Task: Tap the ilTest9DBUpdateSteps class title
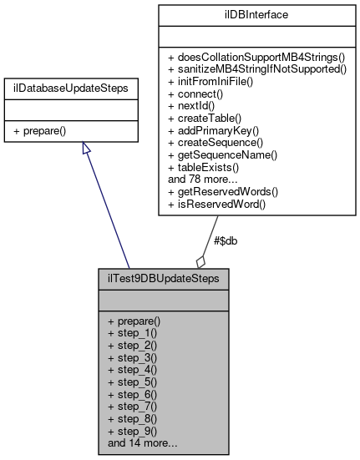[164, 275]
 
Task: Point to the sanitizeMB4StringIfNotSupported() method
[257, 69]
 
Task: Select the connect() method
[195, 94]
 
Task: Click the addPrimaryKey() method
[212, 130]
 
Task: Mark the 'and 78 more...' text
[204, 179]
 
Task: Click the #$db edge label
[226, 240]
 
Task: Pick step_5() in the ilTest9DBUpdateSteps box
[131, 380]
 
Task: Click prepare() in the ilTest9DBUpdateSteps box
[134, 320]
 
